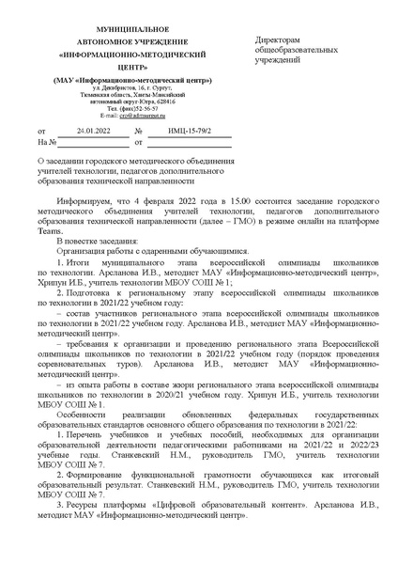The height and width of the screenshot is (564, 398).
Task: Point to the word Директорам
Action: coord(282,41)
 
